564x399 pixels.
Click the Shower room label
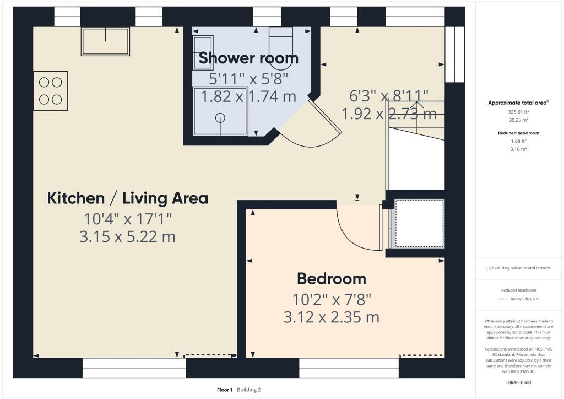(x=248, y=58)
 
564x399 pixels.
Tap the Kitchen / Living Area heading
(x=128, y=198)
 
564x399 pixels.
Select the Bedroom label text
(x=331, y=278)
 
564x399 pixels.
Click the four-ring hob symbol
(x=50, y=90)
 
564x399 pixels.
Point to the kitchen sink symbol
(x=105, y=41)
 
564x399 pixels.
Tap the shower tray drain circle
(x=221, y=117)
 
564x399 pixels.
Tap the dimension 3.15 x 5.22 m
(x=128, y=237)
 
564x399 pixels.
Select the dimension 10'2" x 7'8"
(x=331, y=300)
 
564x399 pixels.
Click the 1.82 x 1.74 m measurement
(x=248, y=97)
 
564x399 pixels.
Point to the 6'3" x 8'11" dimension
(x=389, y=96)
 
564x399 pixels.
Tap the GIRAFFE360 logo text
(x=519, y=382)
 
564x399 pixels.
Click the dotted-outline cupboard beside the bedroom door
(x=419, y=223)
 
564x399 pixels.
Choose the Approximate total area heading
(x=518, y=103)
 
